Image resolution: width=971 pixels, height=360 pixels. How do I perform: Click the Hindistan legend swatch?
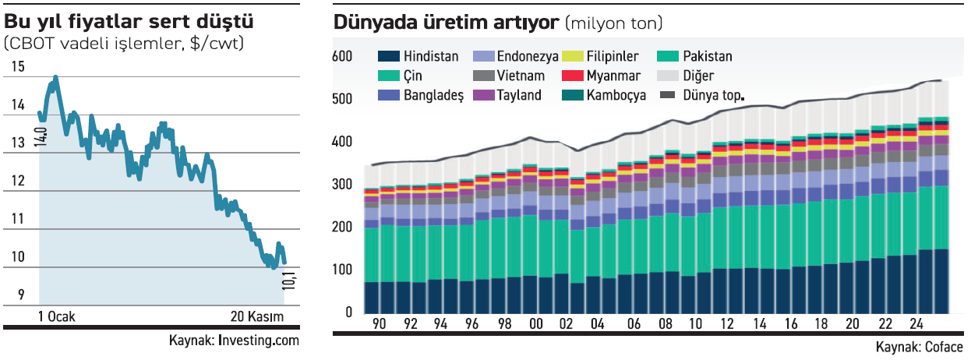(389, 56)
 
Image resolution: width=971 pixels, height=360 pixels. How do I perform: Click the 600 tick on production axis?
(343, 57)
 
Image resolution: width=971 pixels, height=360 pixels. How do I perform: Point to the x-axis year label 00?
(535, 324)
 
